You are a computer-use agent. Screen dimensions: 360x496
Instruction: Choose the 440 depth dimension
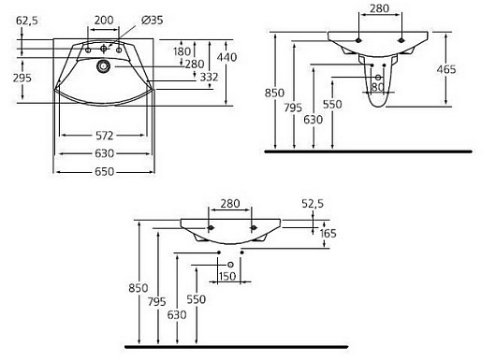(243, 57)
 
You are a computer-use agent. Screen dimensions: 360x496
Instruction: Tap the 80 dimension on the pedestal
(379, 88)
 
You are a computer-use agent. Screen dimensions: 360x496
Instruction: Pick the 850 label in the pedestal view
(274, 93)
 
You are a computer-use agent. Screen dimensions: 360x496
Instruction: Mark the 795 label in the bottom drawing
(158, 302)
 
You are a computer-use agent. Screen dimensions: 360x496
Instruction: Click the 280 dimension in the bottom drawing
(232, 203)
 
